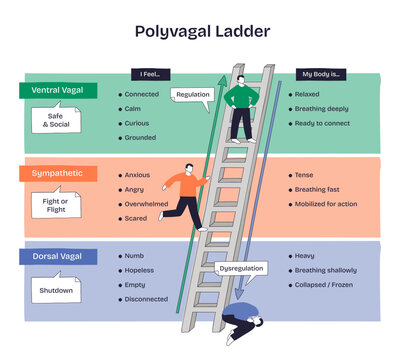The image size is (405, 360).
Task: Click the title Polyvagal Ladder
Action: click(x=202, y=32)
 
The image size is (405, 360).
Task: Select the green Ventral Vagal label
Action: click(x=57, y=90)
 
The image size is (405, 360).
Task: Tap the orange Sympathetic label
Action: click(x=57, y=173)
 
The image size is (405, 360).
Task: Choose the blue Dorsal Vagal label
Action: click(x=57, y=257)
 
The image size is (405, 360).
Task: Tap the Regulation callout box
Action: click(x=194, y=95)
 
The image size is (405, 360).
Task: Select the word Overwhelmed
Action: click(x=149, y=204)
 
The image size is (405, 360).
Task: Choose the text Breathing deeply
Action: click(x=321, y=108)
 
